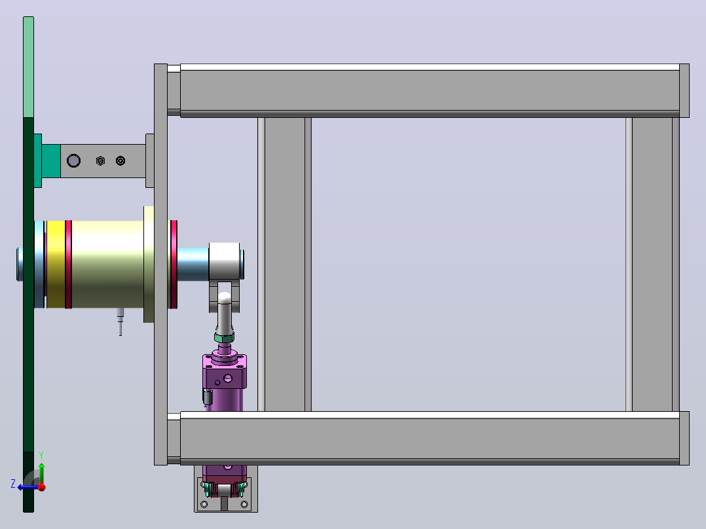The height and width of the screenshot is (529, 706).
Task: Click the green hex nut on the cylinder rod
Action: coord(224,337)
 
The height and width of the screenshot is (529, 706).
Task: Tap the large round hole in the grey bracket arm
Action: coord(73,160)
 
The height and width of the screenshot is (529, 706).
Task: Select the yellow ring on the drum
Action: coord(56,264)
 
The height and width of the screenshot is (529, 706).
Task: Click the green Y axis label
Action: coord(41,456)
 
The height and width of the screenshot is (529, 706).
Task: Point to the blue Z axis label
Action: coord(13,484)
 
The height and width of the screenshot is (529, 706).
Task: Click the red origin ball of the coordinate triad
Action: coord(42,487)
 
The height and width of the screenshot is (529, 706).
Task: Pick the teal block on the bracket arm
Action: coord(51,160)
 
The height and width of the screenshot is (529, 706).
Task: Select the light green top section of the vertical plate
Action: coord(28,67)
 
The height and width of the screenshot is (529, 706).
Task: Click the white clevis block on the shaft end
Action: coord(224,262)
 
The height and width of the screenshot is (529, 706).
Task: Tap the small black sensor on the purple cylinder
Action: coord(207,397)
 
